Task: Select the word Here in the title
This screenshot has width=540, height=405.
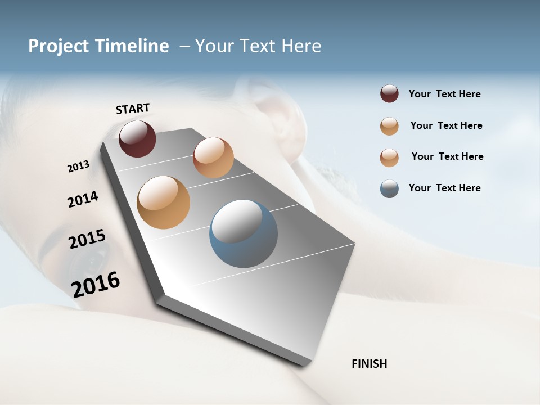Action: (x=301, y=46)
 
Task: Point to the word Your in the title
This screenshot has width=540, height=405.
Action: (x=214, y=46)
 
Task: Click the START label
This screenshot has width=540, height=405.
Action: (x=133, y=109)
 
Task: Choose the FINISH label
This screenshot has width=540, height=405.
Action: (x=369, y=364)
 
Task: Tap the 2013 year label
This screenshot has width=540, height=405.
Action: (x=78, y=166)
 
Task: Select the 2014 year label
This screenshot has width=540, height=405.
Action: (x=83, y=199)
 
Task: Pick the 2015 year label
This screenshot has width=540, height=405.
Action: (x=87, y=239)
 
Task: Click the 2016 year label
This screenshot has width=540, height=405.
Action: (x=96, y=283)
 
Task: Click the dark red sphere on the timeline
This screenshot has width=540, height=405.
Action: (x=137, y=138)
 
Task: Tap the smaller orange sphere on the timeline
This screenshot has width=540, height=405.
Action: (x=213, y=157)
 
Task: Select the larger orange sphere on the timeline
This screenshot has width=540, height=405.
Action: (x=163, y=202)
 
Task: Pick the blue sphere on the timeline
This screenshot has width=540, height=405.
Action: (x=244, y=233)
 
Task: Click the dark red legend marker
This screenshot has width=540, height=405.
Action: (x=389, y=93)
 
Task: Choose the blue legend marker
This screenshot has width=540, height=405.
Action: (x=389, y=188)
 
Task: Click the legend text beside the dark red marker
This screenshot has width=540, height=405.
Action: (x=444, y=94)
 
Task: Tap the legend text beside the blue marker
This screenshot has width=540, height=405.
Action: (x=444, y=188)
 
